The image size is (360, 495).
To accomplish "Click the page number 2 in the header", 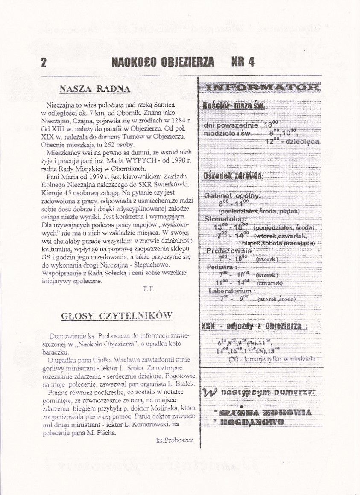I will point(43,63).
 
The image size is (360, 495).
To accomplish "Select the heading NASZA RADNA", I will point(95,89).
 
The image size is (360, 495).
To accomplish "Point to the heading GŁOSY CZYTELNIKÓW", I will point(117,316).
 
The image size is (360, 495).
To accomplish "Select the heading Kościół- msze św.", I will point(234,105).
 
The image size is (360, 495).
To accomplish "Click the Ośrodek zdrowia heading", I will point(233,176).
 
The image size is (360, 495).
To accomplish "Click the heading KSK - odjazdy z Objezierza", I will point(255,326).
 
